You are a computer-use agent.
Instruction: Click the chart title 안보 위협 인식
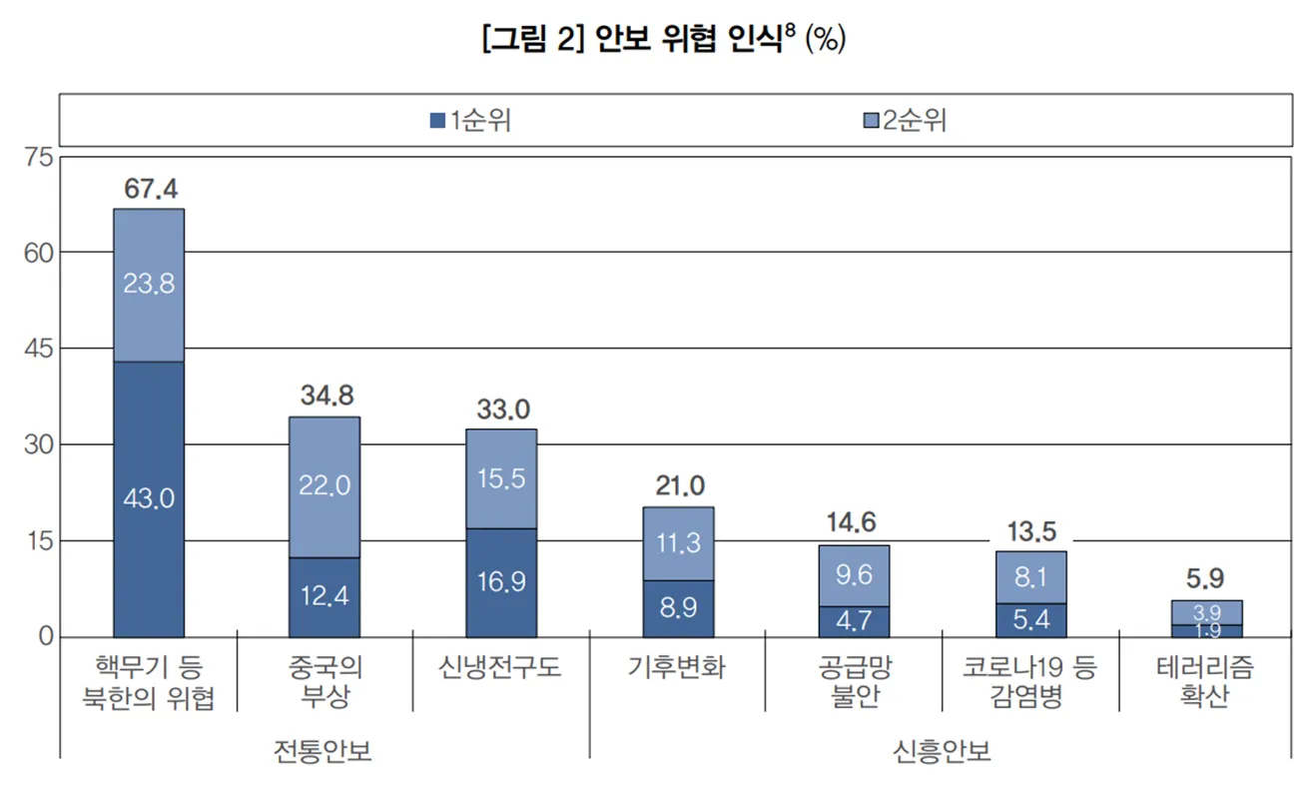point(664,40)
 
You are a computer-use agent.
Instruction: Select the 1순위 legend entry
point(470,121)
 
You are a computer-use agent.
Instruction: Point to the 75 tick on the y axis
point(37,158)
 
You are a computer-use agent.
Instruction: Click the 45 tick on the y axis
point(37,349)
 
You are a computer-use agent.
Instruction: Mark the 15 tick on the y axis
point(37,540)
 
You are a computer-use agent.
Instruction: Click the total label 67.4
point(151,189)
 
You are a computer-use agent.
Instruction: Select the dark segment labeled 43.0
point(149,498)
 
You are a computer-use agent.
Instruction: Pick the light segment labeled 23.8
point(149,285)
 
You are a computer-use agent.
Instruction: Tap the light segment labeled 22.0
point(325,486)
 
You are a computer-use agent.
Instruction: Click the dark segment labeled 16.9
point(501,582)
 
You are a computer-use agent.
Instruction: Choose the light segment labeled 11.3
point(678,543)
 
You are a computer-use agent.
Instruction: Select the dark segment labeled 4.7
point(854,621)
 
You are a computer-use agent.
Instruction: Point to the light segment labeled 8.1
point(1030,577)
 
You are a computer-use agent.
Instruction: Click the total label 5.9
point(1205,578)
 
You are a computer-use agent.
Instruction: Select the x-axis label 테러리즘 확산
point(1205,683)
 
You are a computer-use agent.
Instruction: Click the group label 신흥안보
point(942,752)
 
